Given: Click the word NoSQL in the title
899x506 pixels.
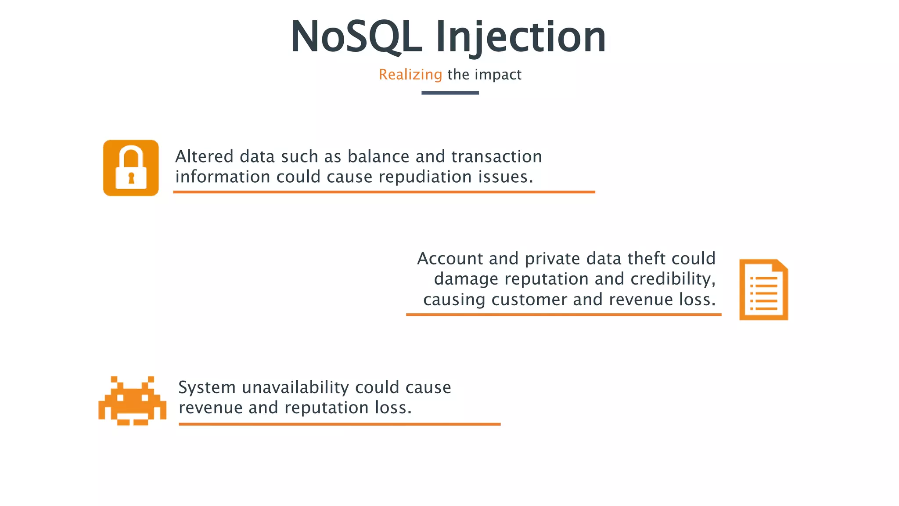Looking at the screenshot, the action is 356,37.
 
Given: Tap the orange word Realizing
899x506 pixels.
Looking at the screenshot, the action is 410,75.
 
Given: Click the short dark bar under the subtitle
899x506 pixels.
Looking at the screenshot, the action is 450,93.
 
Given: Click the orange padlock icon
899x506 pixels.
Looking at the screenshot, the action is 131,168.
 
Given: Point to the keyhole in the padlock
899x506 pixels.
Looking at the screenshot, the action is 131,178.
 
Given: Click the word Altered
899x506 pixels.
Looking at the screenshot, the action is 204,156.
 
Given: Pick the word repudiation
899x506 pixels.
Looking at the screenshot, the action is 425,177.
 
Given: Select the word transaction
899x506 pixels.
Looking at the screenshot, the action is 496,156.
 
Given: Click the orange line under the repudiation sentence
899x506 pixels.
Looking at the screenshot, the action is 384,192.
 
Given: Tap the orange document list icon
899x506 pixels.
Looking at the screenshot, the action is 763,290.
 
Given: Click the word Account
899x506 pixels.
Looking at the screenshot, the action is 450,259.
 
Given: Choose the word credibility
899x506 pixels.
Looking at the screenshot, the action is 672,279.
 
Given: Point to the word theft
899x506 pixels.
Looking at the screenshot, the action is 647,259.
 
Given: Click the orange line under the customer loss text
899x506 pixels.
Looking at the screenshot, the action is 564,314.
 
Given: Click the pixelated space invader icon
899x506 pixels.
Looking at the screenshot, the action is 132,401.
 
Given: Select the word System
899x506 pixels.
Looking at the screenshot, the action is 207,387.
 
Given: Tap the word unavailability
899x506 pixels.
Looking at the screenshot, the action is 295,387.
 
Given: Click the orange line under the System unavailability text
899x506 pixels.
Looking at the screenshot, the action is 339,424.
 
